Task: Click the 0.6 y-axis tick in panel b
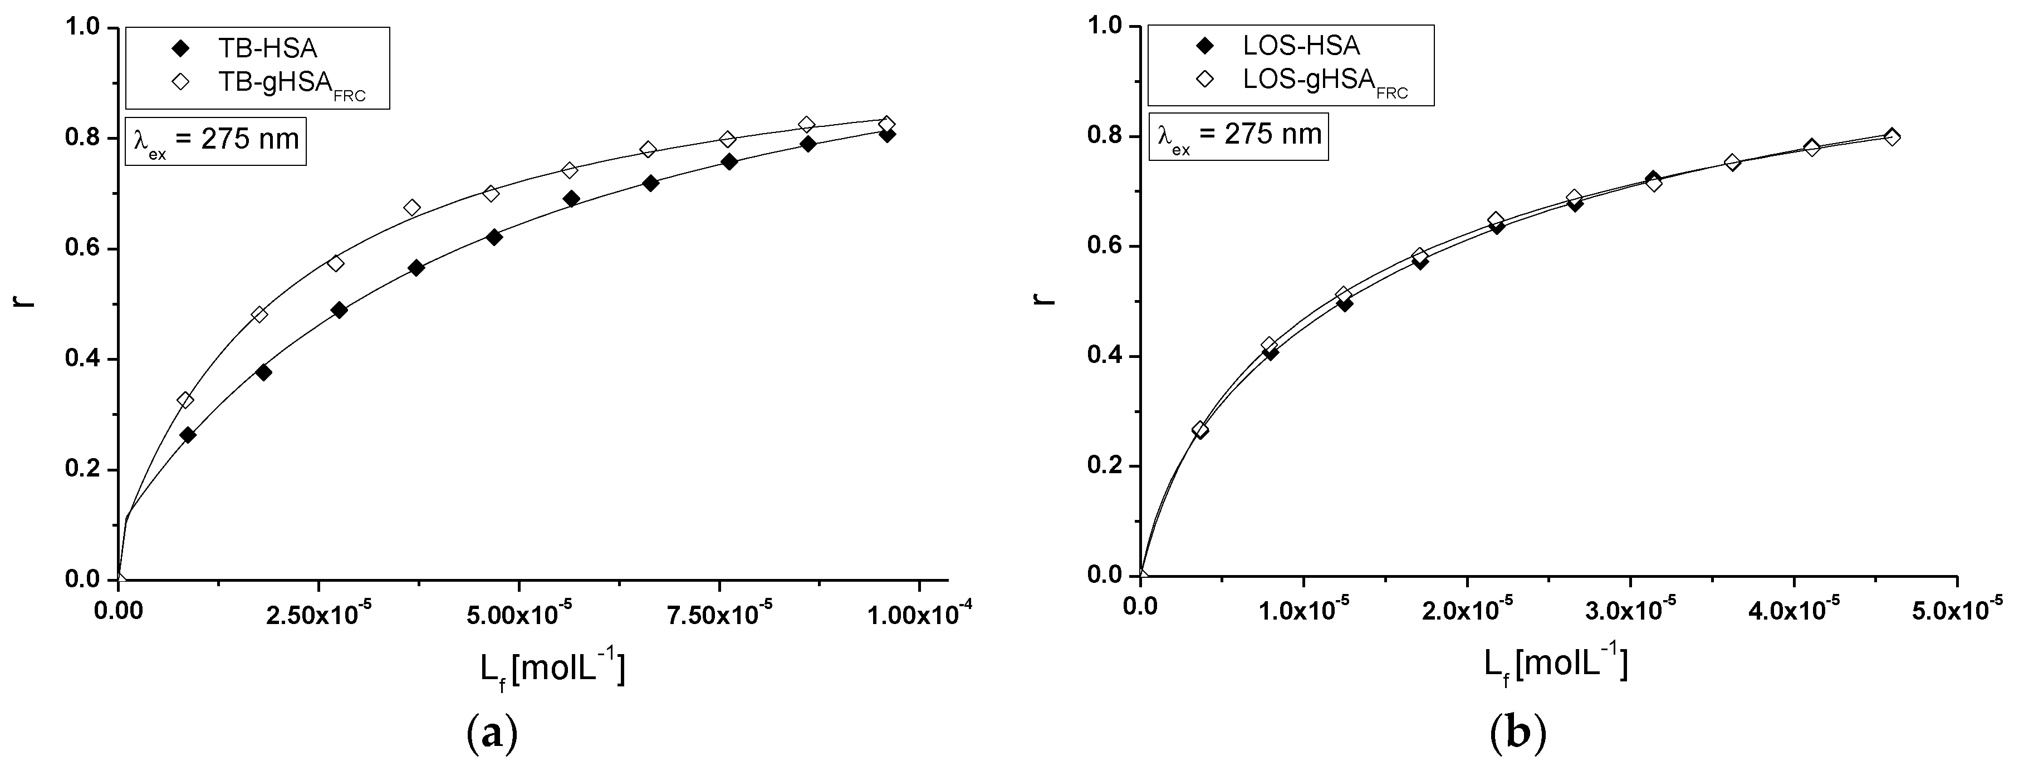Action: (x=1105, y=246)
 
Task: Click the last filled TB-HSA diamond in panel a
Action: (x=887, y=135)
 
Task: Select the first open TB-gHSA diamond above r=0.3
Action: (x=185, y=400)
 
